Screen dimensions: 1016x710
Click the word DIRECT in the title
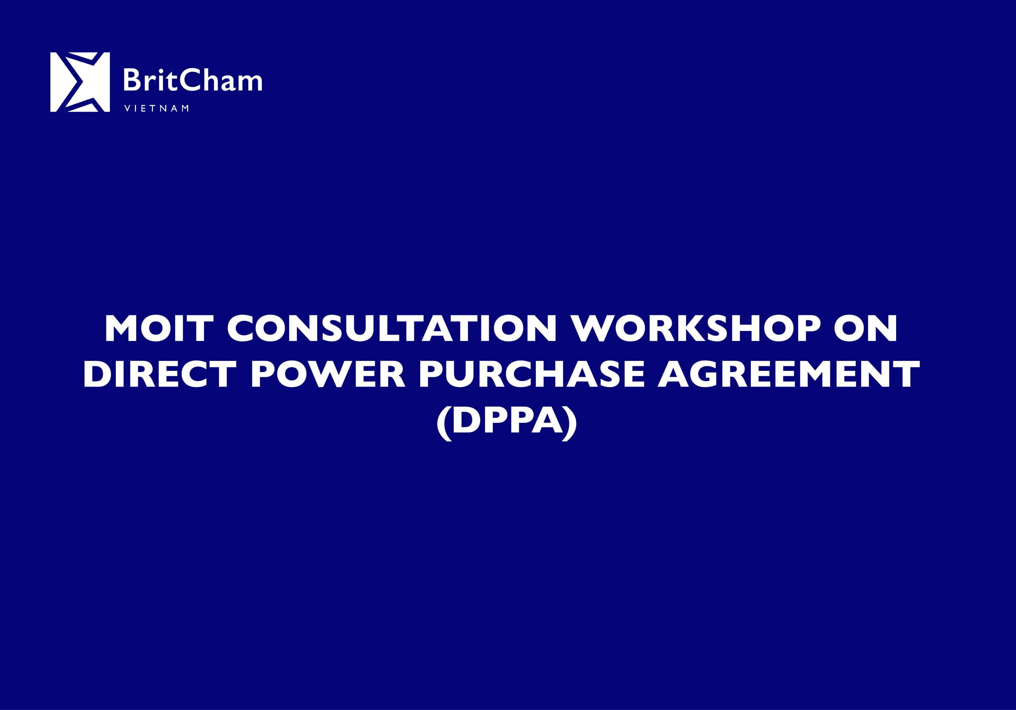[159, 374]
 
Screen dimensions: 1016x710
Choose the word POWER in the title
[328, 374]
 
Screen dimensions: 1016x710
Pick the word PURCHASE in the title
[531, 374]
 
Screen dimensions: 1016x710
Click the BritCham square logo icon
[80, 82]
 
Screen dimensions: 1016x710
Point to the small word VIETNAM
[157, 108]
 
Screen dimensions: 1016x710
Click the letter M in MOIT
[123, 329]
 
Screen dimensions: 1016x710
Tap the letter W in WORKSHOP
[593, 329]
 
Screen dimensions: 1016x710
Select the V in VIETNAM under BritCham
[127, 108]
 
